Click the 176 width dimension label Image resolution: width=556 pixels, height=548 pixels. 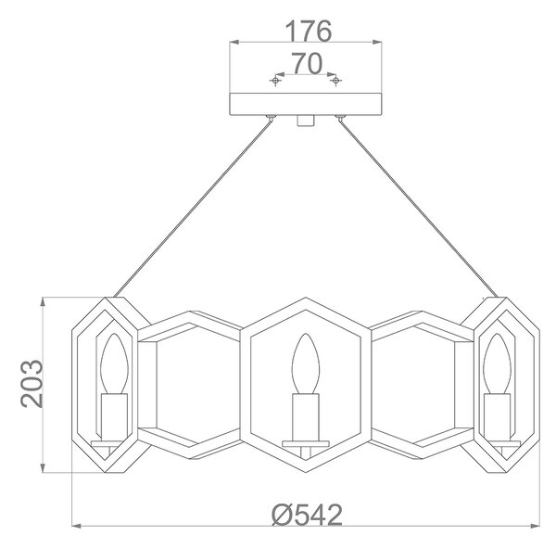coord(309,31)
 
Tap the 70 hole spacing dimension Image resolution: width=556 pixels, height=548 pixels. coord(307,64)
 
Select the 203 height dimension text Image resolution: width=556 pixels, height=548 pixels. coord(32,383)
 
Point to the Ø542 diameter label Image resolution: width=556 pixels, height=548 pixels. coord(307,515)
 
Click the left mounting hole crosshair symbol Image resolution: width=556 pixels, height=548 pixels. coord(275,81)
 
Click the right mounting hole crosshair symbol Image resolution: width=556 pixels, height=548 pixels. coord(335,81)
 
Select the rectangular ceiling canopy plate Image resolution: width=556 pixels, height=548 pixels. coord(306,104)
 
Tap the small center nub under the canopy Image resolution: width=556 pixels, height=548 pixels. coord(305,121)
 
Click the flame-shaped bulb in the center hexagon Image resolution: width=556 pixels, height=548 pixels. coord(305,363)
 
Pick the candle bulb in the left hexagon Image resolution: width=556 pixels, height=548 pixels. coord(114,363)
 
